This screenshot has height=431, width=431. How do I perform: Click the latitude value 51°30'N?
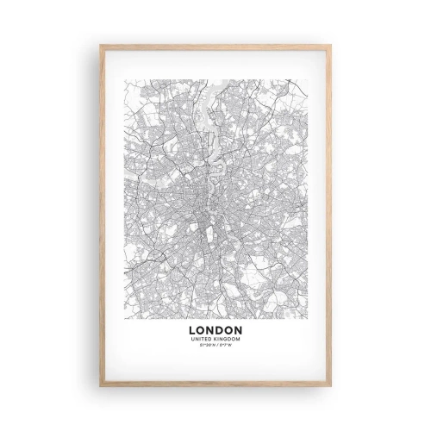point(207,344)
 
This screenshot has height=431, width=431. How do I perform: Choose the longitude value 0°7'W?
point(226,344)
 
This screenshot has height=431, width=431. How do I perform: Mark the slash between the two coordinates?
point(216,344)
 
